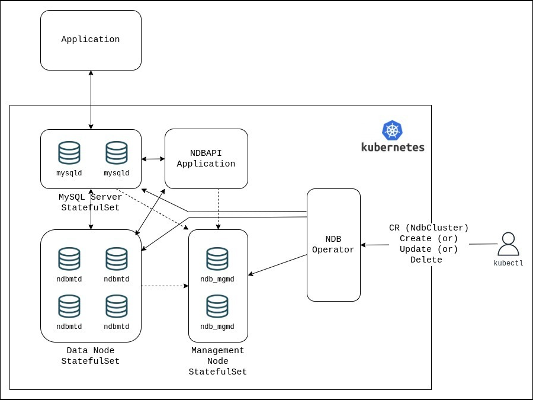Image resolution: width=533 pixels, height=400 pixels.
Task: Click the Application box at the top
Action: [91, 40]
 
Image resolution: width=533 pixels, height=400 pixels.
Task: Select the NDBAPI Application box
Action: [206, 159]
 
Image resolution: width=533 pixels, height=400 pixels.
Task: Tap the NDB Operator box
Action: [333, 245]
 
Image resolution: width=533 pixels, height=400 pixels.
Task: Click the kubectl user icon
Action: [508, 244]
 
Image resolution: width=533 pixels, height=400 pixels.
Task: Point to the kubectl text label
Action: [508, 263]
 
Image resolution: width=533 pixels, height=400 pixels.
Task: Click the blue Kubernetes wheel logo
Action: [392, 130]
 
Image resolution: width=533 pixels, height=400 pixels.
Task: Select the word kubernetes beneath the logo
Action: [393, 147]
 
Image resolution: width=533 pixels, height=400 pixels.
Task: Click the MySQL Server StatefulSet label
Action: [91, 202]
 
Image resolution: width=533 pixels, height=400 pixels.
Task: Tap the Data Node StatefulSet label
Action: [91, 356]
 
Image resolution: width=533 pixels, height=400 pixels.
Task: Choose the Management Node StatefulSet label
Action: [217, 361]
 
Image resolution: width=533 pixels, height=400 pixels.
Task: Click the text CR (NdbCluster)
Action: [429, 228]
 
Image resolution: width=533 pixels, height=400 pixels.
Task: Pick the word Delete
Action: [426, 260]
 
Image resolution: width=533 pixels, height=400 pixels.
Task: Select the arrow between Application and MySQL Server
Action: [91, 100]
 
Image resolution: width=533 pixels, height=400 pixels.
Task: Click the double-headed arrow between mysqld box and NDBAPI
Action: [153, 159]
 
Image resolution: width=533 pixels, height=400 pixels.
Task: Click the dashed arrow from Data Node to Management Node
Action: [165, 286]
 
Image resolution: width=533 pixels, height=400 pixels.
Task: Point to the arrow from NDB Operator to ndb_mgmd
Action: [277, 265]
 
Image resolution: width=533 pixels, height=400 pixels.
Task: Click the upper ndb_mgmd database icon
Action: [217, 260]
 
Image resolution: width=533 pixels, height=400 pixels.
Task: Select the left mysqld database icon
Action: [69, 153]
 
